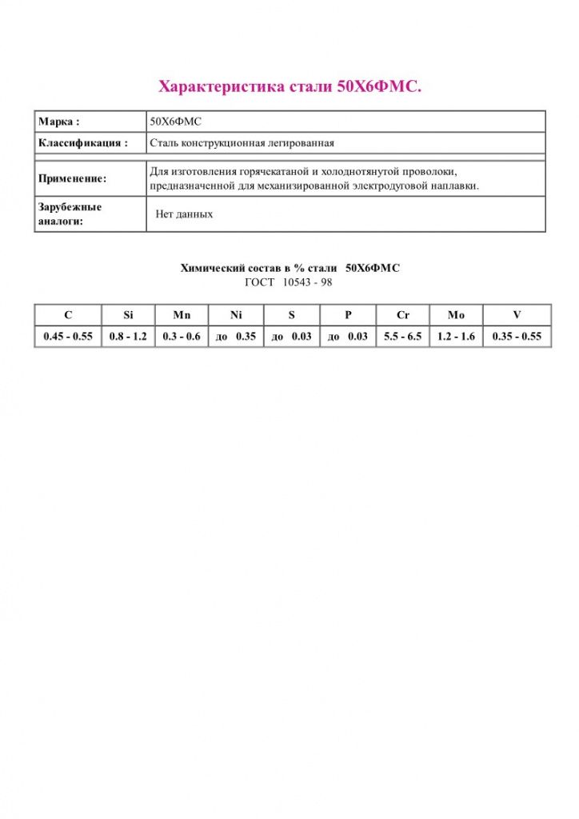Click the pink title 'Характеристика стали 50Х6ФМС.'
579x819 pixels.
(289, 86)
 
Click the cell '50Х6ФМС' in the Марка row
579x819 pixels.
(177, 122)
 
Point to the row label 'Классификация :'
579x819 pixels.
(83, 143)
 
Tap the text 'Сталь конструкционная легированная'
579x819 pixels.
(242, 143)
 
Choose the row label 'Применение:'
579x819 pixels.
(73, 179)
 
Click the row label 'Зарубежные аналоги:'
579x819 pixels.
(70, 214)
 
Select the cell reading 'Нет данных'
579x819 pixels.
(184, 214)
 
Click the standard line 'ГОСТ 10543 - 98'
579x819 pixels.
(289, 282)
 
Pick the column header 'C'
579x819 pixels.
(68, 315)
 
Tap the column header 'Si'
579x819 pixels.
(128, 315)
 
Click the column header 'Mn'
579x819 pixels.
(182, 315)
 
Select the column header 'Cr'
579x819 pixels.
(402, 315)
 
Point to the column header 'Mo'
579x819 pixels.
(456, 315)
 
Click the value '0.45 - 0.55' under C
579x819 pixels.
(68, 337)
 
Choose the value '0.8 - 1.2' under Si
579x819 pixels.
(128, 337)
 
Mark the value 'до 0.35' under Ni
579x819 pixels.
(236, 337)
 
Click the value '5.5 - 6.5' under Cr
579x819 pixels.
(402, 337)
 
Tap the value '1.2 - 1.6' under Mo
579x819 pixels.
(456, 337)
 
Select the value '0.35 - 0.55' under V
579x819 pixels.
(517, 337)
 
